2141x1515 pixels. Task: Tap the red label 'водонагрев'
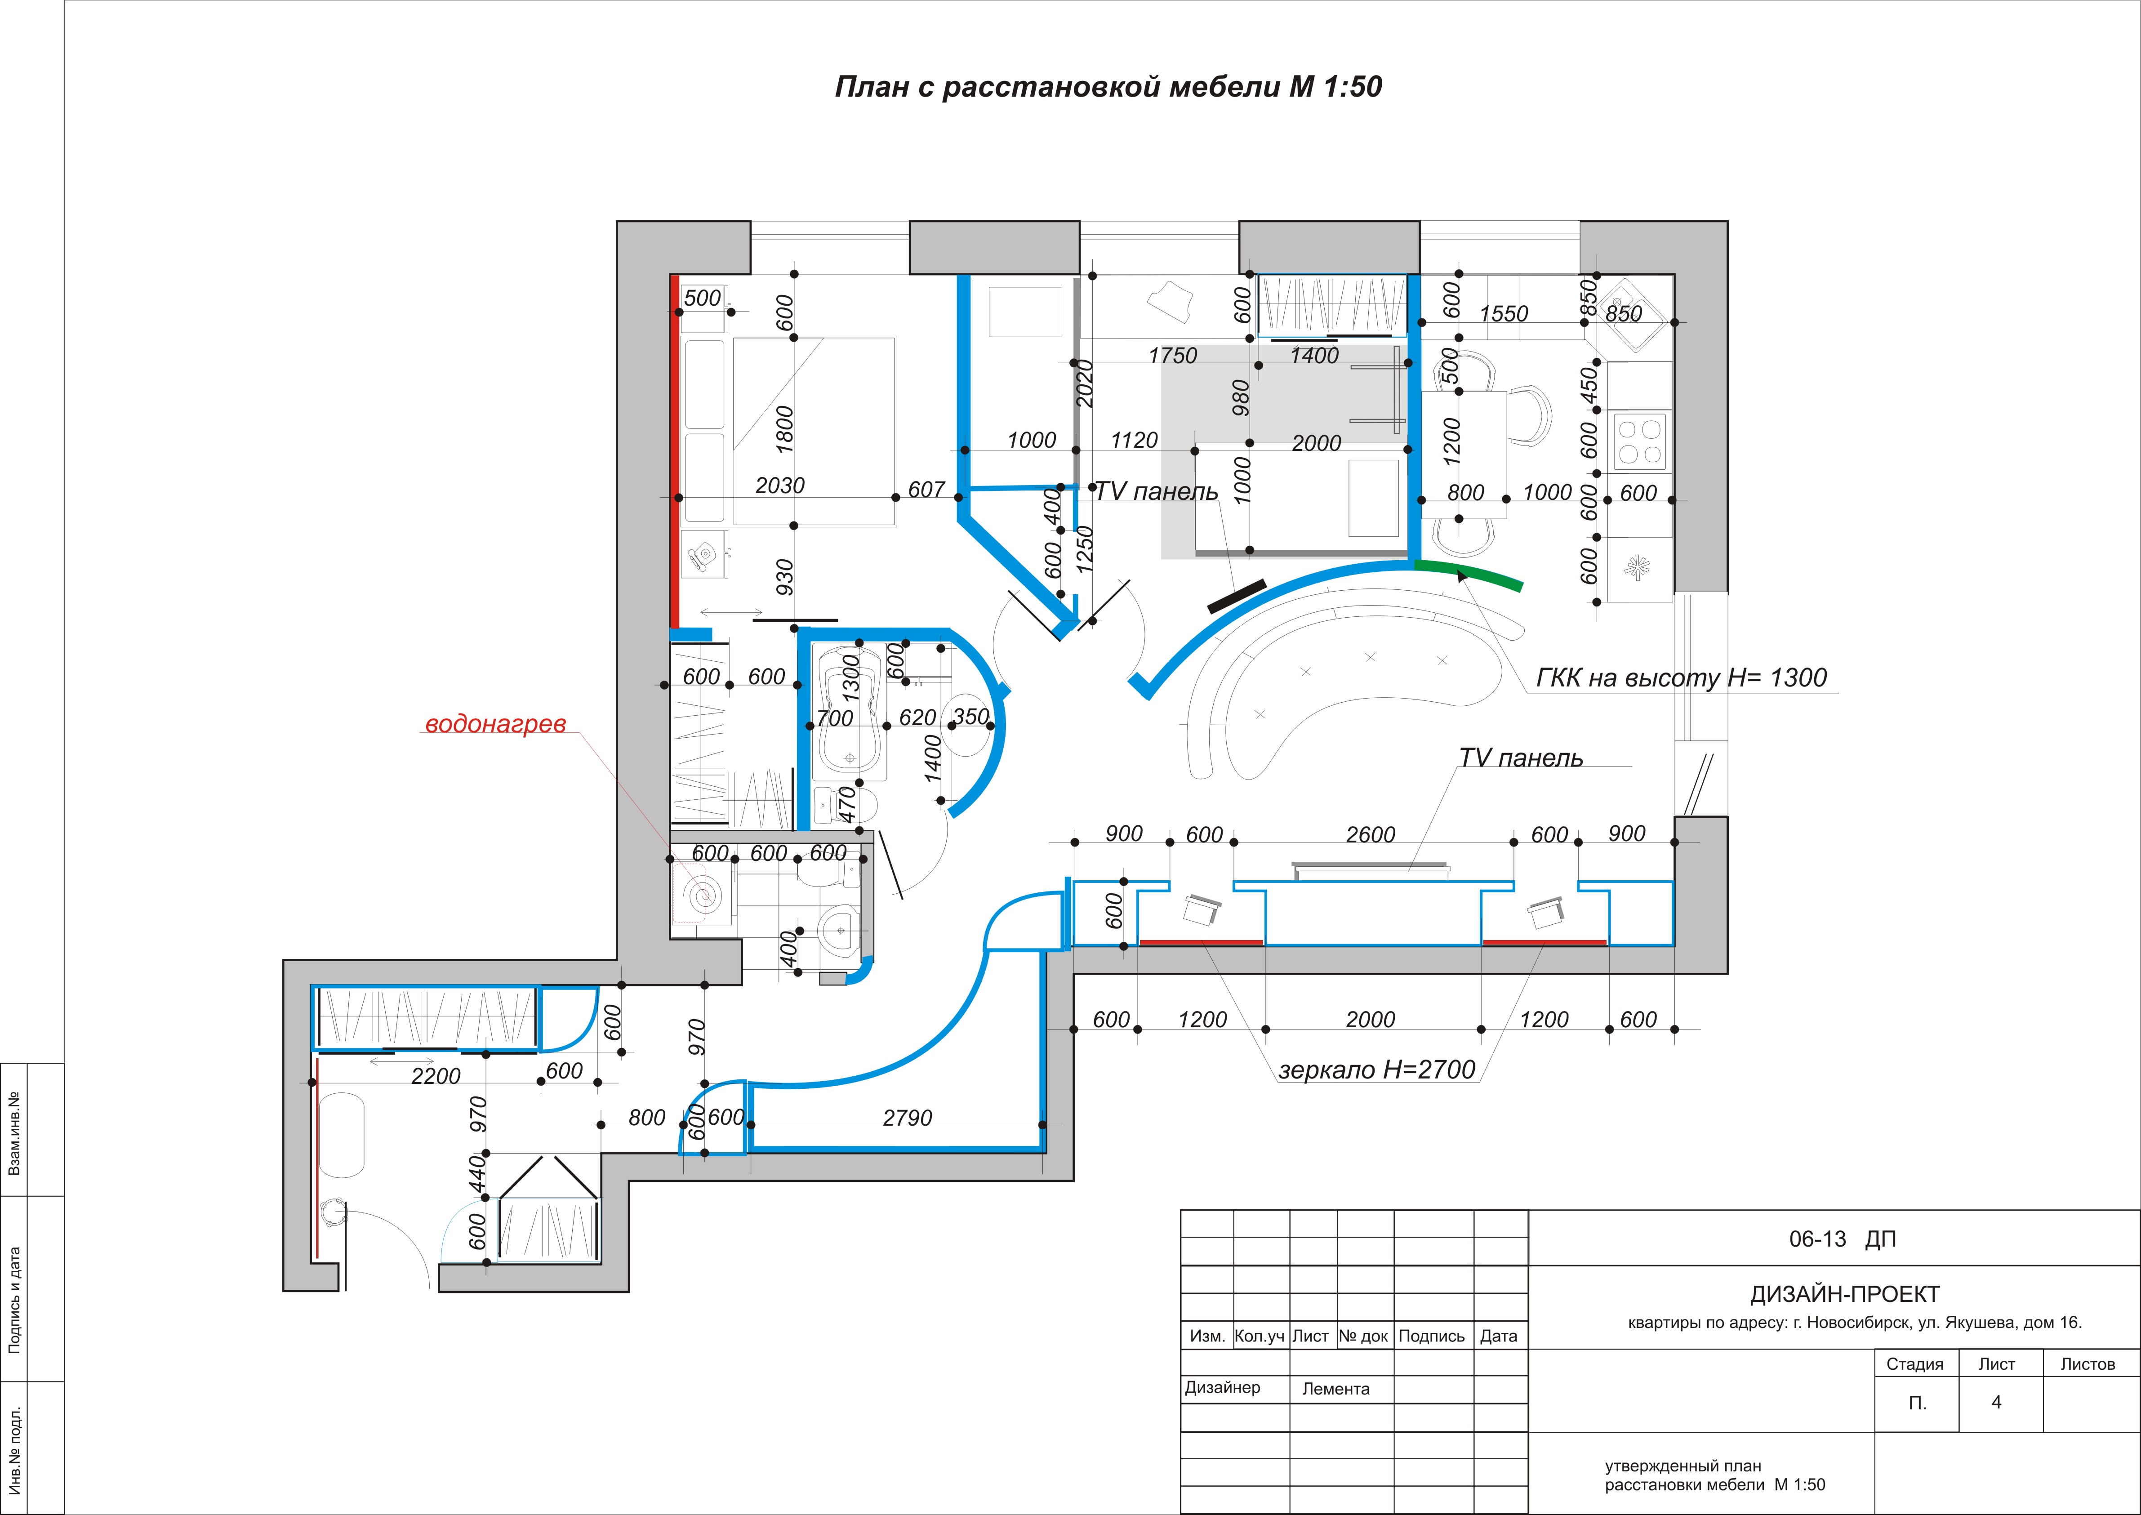pyautogui.click(x=495, y=725)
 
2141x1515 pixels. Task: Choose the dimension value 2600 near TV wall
pyautogui.click(x=1371, y=835)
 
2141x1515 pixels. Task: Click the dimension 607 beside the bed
pyautogui.click(x=926, y=490)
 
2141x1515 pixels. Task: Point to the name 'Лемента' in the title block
pyautogui.click(x=1336, y=1389)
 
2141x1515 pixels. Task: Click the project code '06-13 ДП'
pyautogui.click(x=1843, y=1239)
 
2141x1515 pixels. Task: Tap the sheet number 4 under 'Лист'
pyautogui.click(x=1996, y=1402)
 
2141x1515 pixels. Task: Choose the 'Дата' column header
pyautogui.click(x=1498, y=1336)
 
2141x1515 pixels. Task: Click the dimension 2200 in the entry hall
pyautogui.click(x=436, y=1077)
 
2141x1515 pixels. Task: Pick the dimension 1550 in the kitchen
pyautogui.click(x=1504, y=313)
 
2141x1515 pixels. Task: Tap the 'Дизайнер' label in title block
pyautogui.click(x=1222, y=1387)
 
